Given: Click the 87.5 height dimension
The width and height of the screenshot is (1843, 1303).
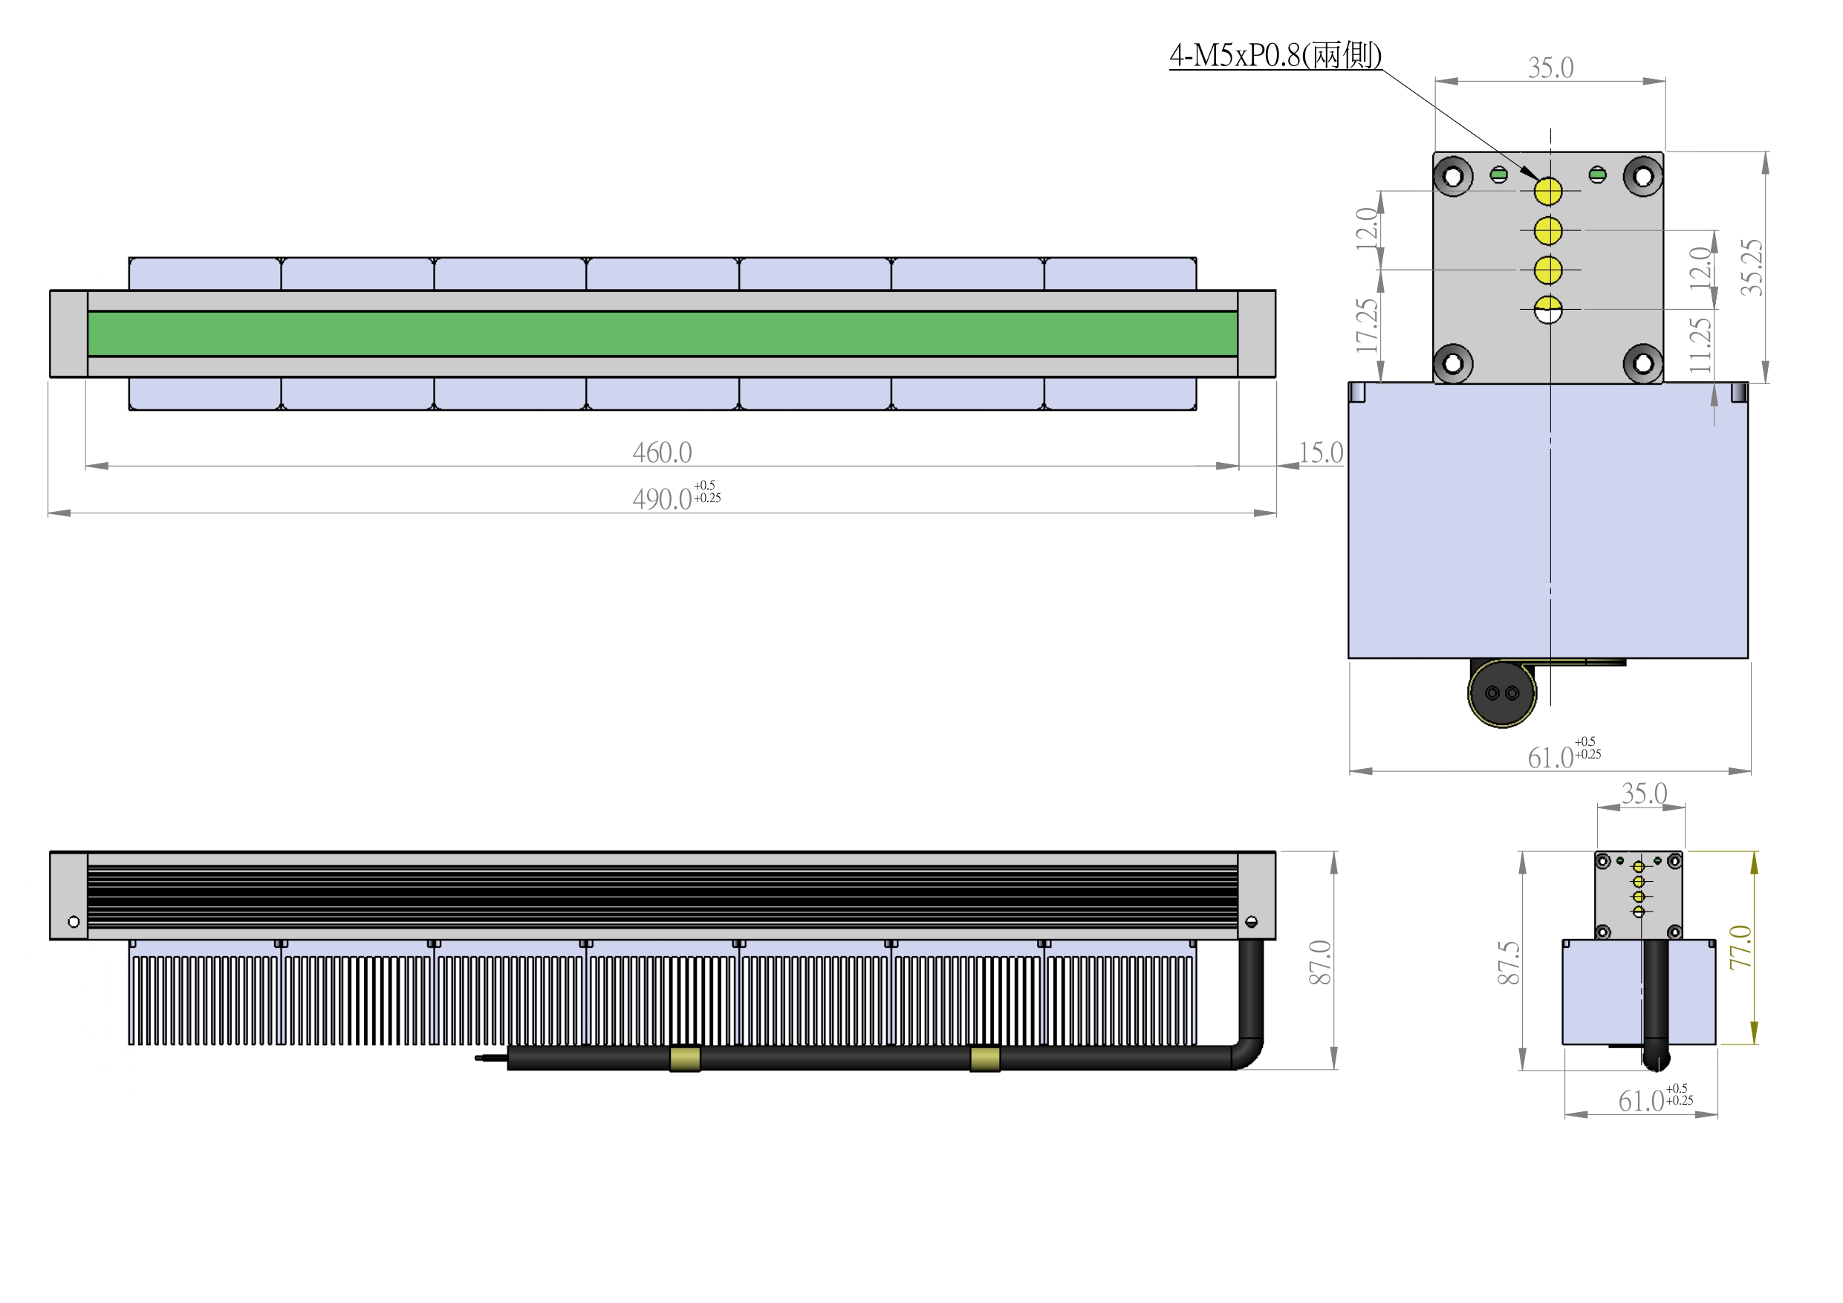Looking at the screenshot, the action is [1508, 963].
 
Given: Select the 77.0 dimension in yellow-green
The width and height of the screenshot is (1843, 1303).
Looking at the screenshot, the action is [1740, 947].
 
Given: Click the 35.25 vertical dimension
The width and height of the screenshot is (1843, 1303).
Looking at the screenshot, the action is [1752, 267].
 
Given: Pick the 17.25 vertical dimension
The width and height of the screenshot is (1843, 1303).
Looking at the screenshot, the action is [1366, 325].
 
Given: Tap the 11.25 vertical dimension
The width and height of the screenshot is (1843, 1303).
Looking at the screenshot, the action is [1700, 345].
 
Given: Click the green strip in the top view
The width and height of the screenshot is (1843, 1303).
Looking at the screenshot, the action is [662, 333].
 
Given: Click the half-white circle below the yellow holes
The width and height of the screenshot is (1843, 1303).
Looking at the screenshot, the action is [1548, 309].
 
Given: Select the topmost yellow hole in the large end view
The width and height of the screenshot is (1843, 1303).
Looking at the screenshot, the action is [1548, 191].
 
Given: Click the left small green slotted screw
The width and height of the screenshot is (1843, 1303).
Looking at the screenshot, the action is [1498, 175].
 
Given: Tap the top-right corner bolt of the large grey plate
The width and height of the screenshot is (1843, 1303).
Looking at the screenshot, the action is [1643, 177].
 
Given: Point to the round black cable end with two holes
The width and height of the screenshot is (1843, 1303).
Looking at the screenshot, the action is [1502, 693].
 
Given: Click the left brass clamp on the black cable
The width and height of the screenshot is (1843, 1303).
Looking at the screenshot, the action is [685, 1058].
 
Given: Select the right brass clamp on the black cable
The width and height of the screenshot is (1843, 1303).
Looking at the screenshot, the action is [985, 1058].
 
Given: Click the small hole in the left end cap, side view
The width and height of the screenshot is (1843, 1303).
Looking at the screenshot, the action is [74, 922].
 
